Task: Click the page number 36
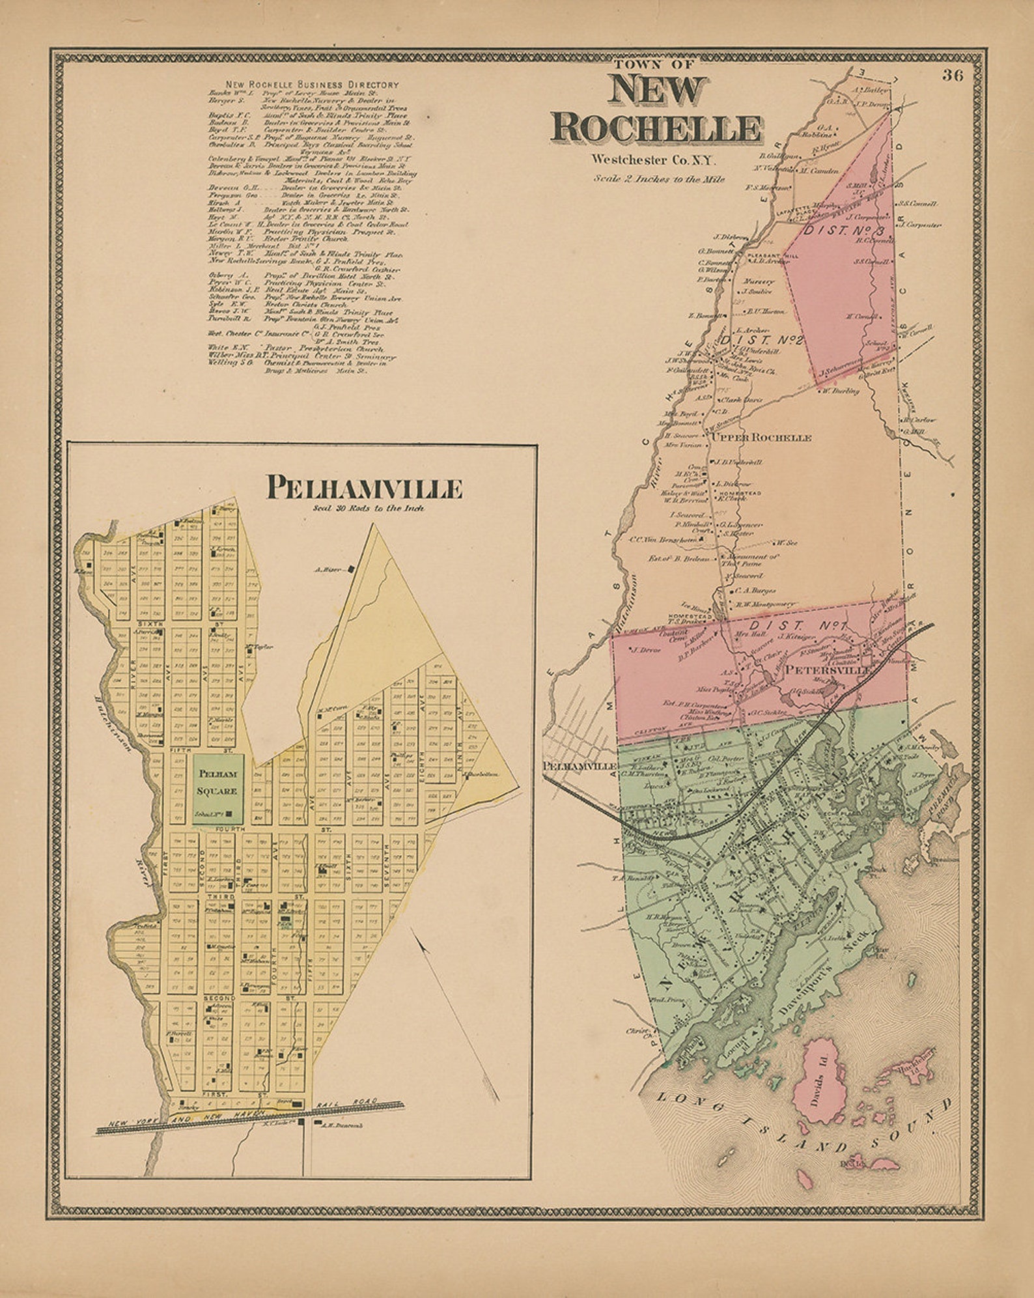click(x=952, y=75)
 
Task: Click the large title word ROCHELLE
click(x=656, y=128)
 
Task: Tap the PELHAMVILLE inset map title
click(x=363, y=488)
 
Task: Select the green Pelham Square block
click(x=218, y=789)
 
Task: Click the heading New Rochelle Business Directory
click(x=312, y=85)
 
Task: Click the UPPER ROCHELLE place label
click(x=761, y=438)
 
